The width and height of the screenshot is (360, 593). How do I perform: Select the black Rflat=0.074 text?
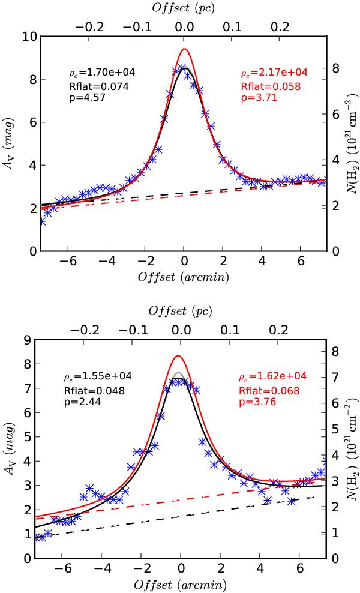pos(93,86)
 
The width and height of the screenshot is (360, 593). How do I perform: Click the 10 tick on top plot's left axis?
pos(28,37)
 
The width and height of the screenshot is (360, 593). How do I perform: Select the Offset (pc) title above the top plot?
pos(184,8)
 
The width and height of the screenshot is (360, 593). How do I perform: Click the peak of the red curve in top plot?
pos(184,49)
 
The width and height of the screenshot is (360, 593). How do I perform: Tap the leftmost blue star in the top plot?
pos(42,221)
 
